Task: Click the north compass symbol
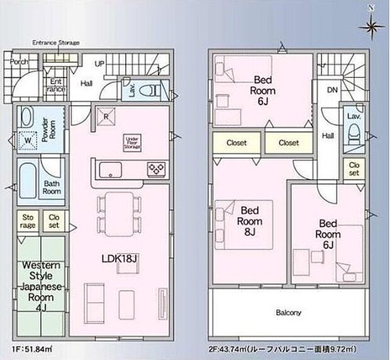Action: pyautogui.click(x=372, y=25)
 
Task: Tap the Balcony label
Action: pyautogui.click(x=288, y=312)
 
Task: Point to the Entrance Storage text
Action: pyautogui.click(x=56, y=43)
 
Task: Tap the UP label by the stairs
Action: pyautogui.click(x=99, y=64)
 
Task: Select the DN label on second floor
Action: pyautogui.click(x=331, y=91)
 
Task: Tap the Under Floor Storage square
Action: pyautogui.click(x=132, y=142)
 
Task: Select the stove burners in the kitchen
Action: pyautogui.click(x=155, y=168)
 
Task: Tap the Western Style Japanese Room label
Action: pyautogui.click(x=39, y=283)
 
